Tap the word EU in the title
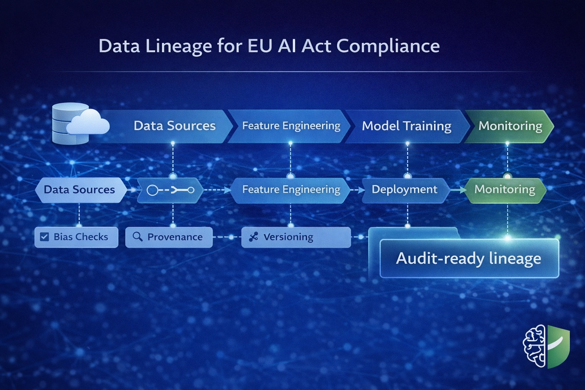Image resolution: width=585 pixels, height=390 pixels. (260, 46)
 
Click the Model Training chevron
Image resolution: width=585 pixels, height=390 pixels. (406, 126)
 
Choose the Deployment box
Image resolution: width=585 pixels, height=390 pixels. (404, 190)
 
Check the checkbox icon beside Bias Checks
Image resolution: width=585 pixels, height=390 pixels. (45, 237)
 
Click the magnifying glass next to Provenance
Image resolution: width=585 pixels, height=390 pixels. (137, 237)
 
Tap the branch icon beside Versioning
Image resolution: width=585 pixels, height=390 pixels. (253, 237)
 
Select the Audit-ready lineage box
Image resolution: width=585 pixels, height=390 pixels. (469, 258)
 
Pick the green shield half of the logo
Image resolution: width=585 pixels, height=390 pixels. (558, 346)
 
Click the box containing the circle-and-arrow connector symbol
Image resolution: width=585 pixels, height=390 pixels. (170, 190)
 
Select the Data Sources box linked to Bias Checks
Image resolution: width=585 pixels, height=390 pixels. (80, 190)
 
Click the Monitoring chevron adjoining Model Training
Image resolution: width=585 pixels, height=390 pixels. (510, 126)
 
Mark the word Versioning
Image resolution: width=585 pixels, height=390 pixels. (288, 237)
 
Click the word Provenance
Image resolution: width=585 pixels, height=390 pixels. (175, 237)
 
